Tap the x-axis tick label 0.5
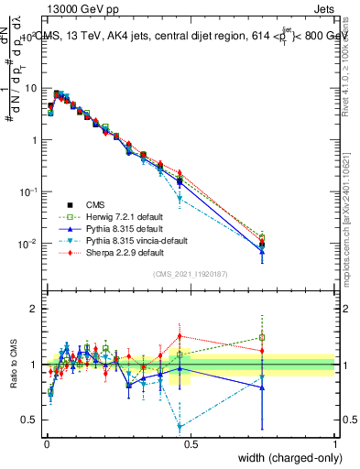(x=190, y=444)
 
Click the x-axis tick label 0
(x=45, y=444)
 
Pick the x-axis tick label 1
(x=334, y=444)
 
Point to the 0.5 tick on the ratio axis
(x=29, y=420)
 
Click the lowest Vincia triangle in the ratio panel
(x=180, y=427)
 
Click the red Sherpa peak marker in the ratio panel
(x=180, y=335)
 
